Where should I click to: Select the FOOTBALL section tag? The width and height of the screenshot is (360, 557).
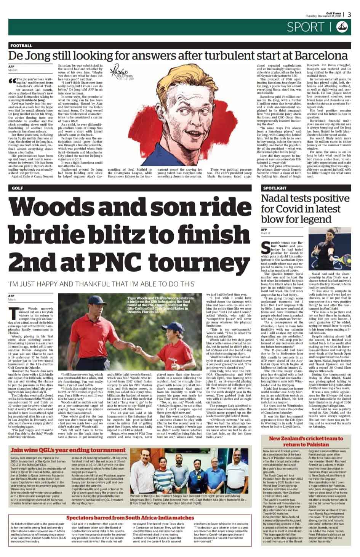click(x=22, y=45)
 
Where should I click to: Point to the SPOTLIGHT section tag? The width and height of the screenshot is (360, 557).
click(x=274, y=188)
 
